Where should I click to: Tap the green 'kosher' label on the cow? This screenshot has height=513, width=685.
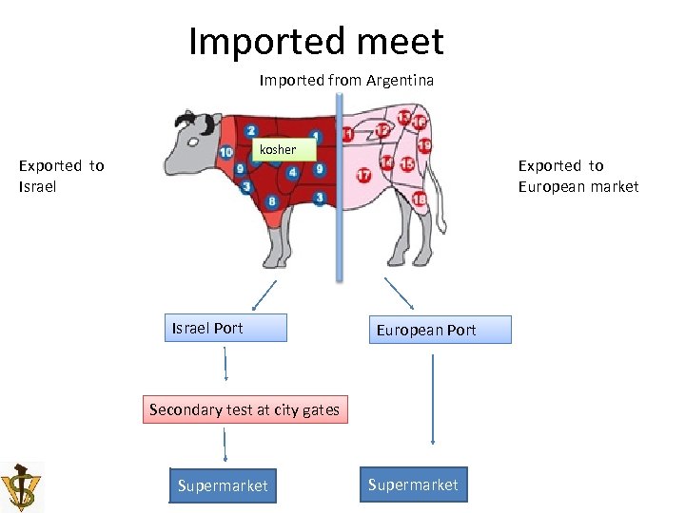[x=277, y=149]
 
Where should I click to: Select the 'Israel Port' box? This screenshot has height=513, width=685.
[x=225, y=329]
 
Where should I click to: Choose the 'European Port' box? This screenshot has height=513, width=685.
[x=440, y=330]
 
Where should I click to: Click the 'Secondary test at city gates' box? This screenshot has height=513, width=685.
[x=245, y=410]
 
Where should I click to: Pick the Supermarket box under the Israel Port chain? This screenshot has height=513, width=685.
[x=223, y=485]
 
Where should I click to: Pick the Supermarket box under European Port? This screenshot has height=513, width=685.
[x=413, y=484]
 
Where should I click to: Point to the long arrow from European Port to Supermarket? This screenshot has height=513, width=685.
[x=433, y=399]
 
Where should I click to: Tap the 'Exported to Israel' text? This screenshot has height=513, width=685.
[x=61, y=176]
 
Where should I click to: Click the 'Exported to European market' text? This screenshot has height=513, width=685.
[x=577, y=176]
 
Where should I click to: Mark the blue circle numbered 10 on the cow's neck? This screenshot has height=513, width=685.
[x=226, y=152]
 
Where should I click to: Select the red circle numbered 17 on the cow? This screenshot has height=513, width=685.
[x=363, y=176]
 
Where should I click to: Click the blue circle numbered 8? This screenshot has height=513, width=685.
[x=272, y=200]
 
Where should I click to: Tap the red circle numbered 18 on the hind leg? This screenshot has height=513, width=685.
[x=419, y=199]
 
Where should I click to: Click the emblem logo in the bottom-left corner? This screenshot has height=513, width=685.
[x=21, y=486]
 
